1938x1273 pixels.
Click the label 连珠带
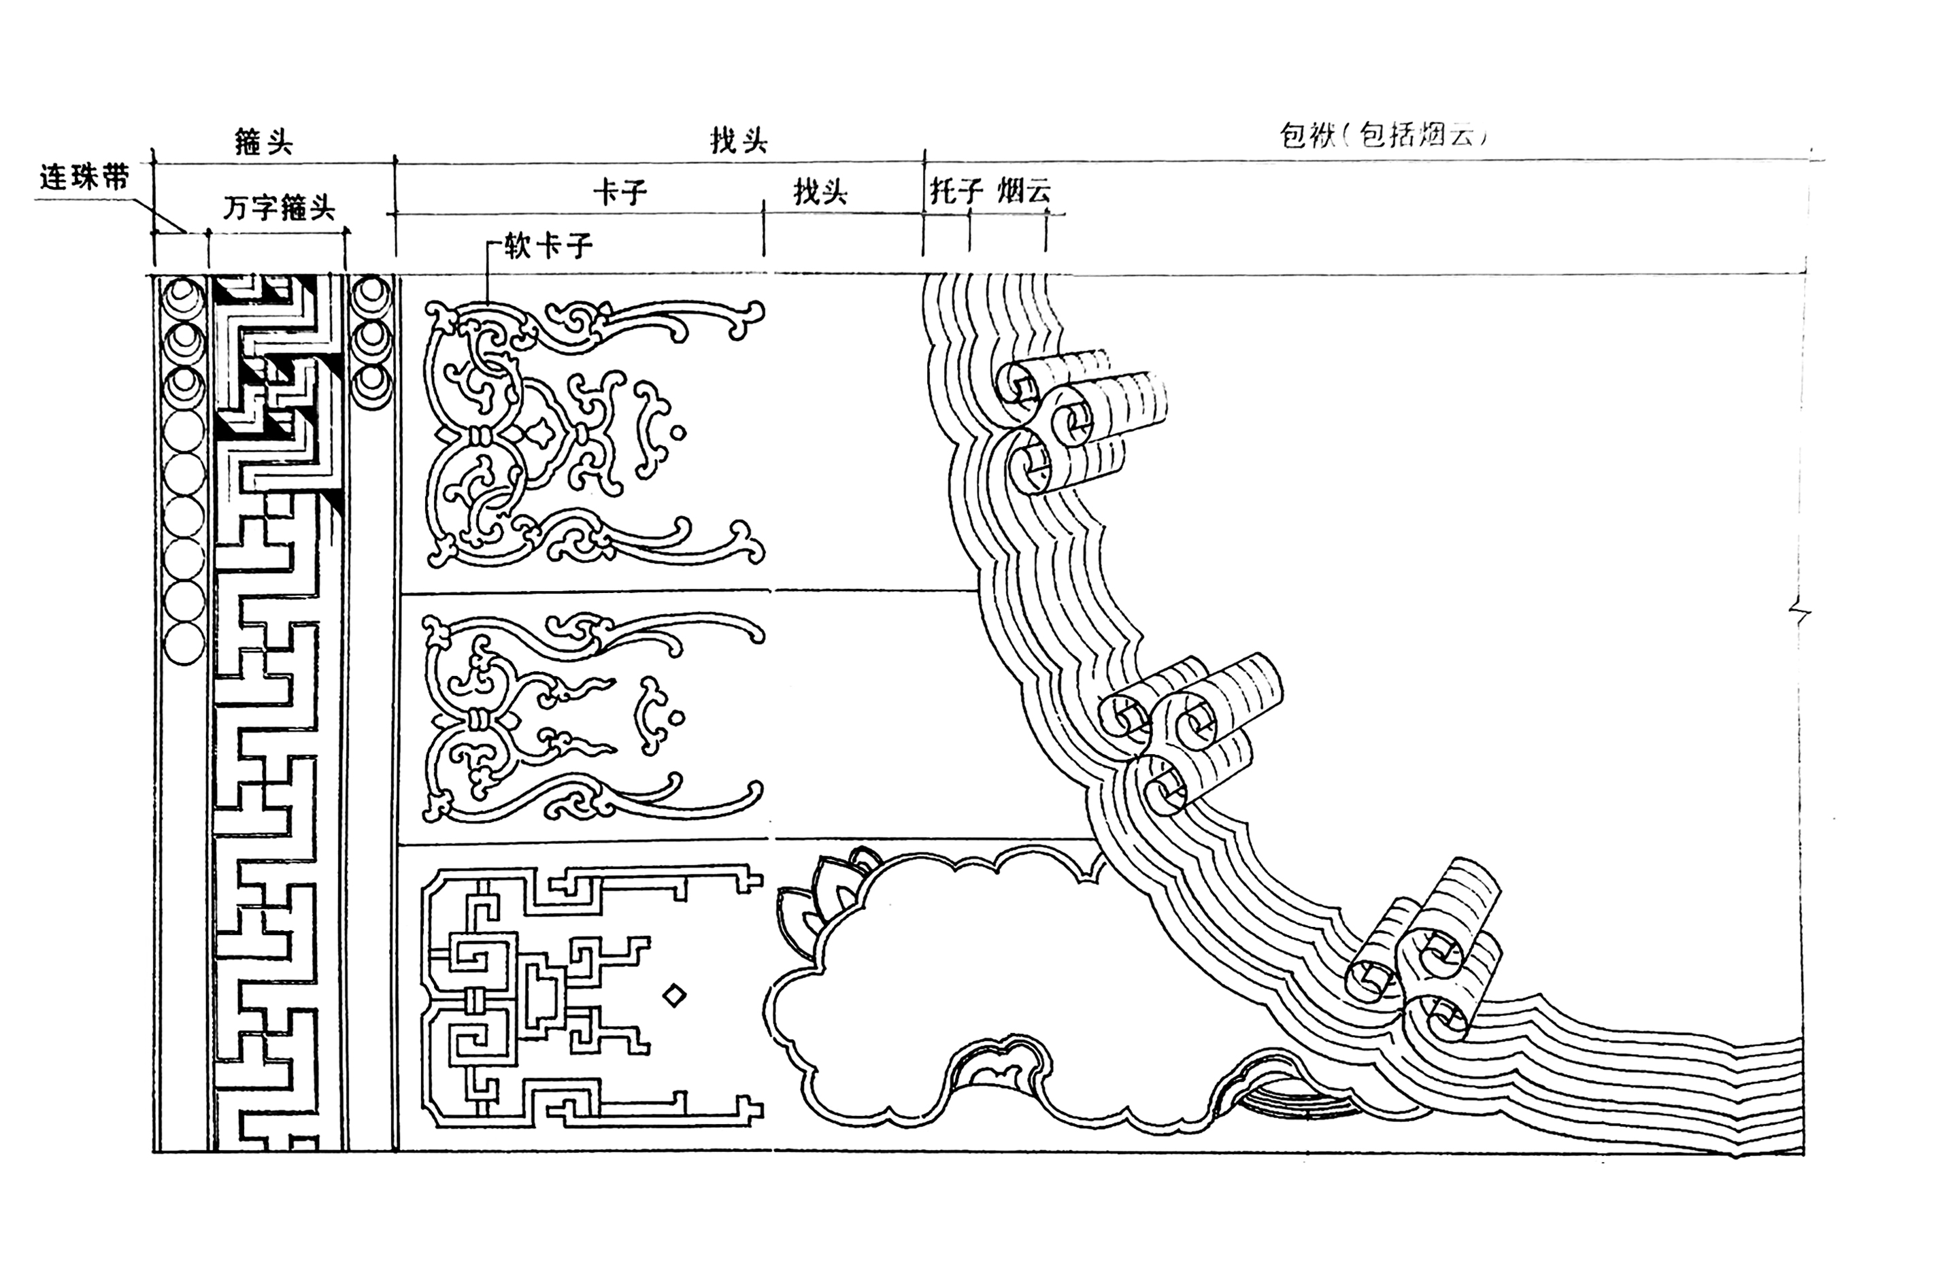pos(84,178)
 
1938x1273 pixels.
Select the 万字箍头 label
pos(278,209)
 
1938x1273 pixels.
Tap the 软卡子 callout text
pos(547,245)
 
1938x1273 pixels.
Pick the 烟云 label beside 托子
pos(1024,191)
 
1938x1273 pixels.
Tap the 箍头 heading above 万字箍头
pos(263,142)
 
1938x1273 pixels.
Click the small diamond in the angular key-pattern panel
pos(674,995)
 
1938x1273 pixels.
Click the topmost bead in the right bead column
pos(371,294)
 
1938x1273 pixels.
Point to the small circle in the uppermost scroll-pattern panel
pos(678,433)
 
